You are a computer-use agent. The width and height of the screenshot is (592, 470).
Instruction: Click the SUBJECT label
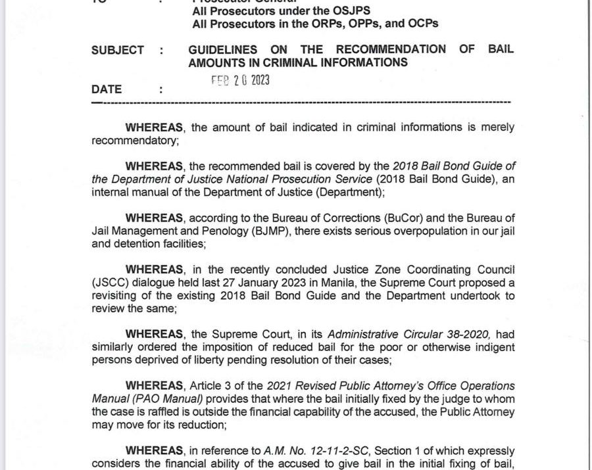click(x=118, y=50)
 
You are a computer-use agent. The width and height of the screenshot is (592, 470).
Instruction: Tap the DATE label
click(x=107, y=89)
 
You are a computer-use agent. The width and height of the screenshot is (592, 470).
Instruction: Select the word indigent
click(x=493, y=346)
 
